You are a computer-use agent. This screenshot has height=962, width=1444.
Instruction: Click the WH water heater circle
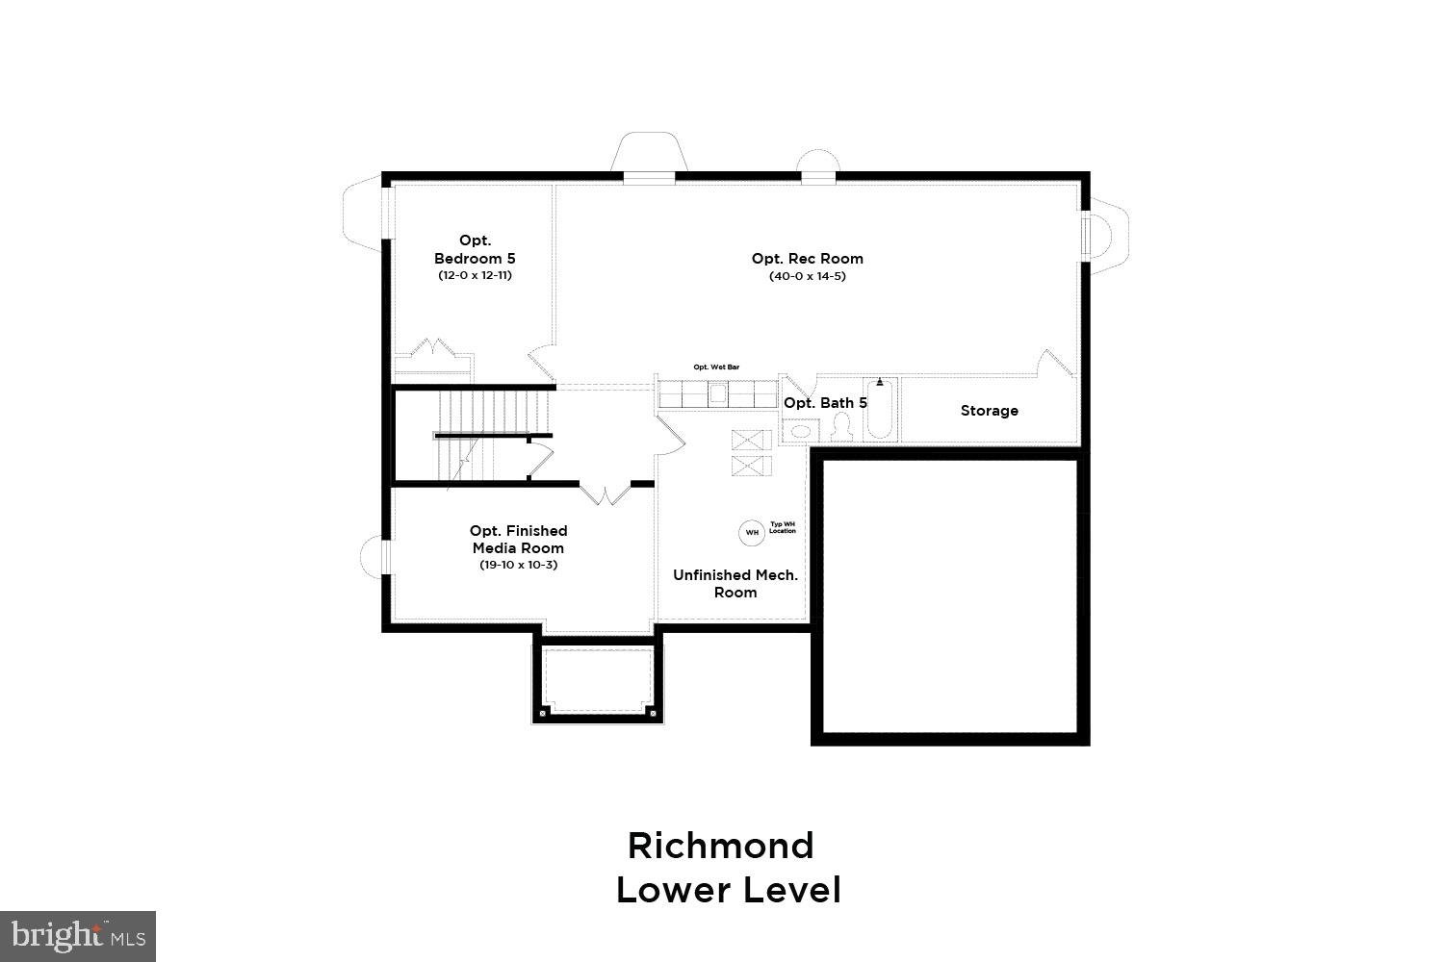(x=752, y=531)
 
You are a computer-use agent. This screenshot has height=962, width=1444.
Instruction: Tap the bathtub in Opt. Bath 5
(x=879, y=410)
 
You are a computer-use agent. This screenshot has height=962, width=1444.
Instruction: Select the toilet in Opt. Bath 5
(x=842, y=426)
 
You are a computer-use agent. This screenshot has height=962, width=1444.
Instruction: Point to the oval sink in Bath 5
(x=797, y=432)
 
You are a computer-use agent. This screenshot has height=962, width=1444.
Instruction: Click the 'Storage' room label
(x=989, y=411)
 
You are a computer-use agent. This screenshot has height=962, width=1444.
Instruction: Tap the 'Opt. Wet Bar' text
(x=716, y=367)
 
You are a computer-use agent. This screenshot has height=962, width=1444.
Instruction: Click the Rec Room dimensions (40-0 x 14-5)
(x=807, y=276)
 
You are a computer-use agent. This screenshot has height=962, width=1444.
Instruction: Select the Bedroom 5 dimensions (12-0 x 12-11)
(x=475, y=275)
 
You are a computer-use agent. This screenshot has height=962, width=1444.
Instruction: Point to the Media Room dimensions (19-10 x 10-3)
(x=518, y=565)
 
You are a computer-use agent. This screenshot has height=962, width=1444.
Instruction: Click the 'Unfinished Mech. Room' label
(x=735, y=583)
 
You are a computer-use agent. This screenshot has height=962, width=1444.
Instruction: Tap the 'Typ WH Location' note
(x=783, y=527)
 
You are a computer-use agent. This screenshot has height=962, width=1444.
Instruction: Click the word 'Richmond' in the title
(x=720, y=846)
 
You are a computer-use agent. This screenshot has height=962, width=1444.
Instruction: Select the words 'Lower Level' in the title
(x=728, y=890)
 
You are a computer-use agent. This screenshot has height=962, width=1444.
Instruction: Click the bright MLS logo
(x=77, y=935)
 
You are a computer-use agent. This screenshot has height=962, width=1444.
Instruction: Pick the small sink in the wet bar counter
(x=718, y=392)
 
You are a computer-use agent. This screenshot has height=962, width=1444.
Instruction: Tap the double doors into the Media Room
(x=605, y=494)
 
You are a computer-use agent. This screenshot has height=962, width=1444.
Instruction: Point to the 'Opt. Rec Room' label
(x=807, y=258)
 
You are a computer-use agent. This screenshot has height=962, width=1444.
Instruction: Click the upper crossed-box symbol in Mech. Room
(x=751, y=441)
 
